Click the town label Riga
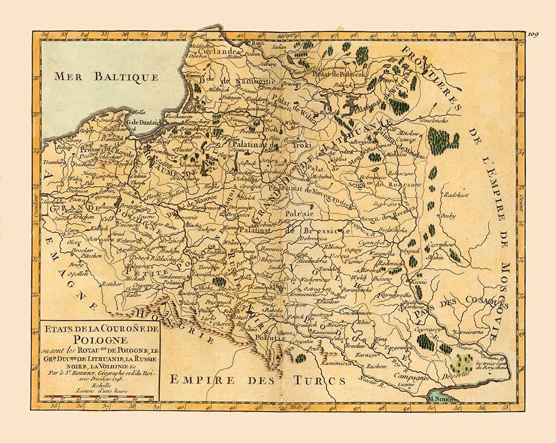pyautogui.click(x=258, y=43)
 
